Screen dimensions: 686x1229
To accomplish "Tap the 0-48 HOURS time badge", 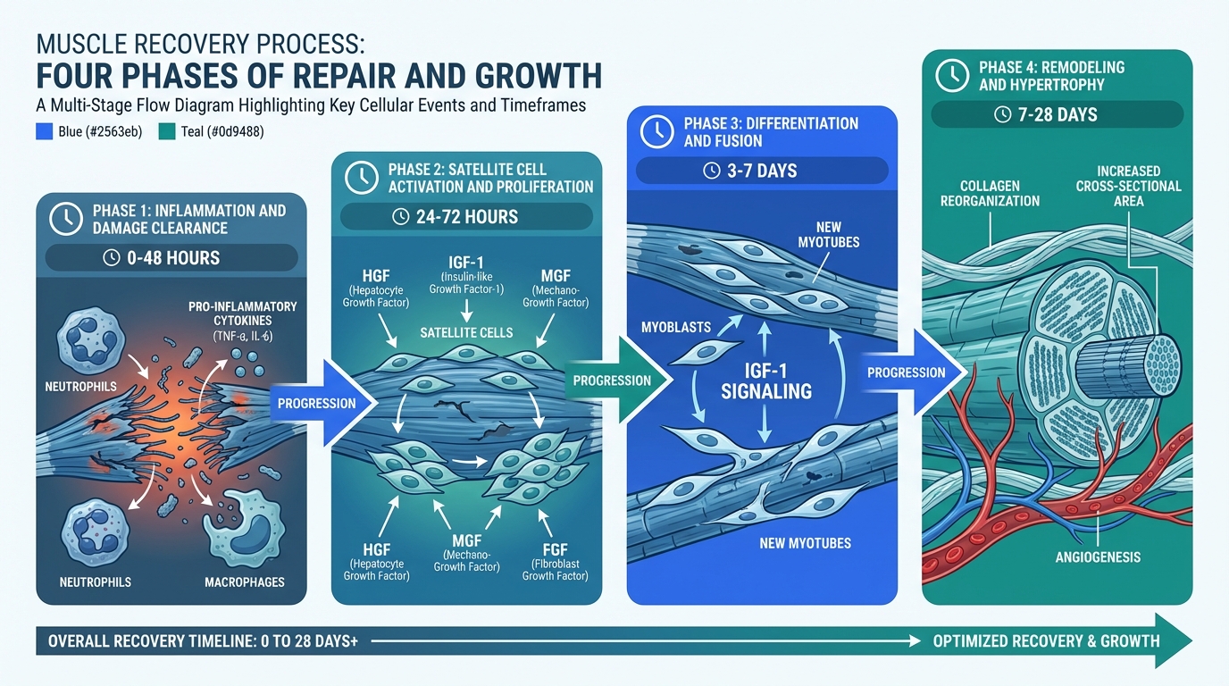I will [x=172, y=257].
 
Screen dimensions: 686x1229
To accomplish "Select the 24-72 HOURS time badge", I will [x=466, y=216].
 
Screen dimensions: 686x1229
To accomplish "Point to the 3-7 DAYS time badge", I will [x=762, y=170].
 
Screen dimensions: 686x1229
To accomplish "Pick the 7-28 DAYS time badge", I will [x=1057, y=114].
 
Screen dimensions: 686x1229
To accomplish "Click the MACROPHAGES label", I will [x=244, y=582].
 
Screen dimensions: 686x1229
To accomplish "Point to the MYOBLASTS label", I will [x=676, y=327].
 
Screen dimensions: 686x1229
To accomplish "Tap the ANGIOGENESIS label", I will [x=1099, y=557].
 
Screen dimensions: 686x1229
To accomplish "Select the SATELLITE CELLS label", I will [x=466, y=332].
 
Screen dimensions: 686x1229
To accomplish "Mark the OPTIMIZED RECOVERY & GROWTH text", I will [x=1046, y=640].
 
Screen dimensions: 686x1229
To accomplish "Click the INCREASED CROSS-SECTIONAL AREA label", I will [x=1129, y=185].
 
